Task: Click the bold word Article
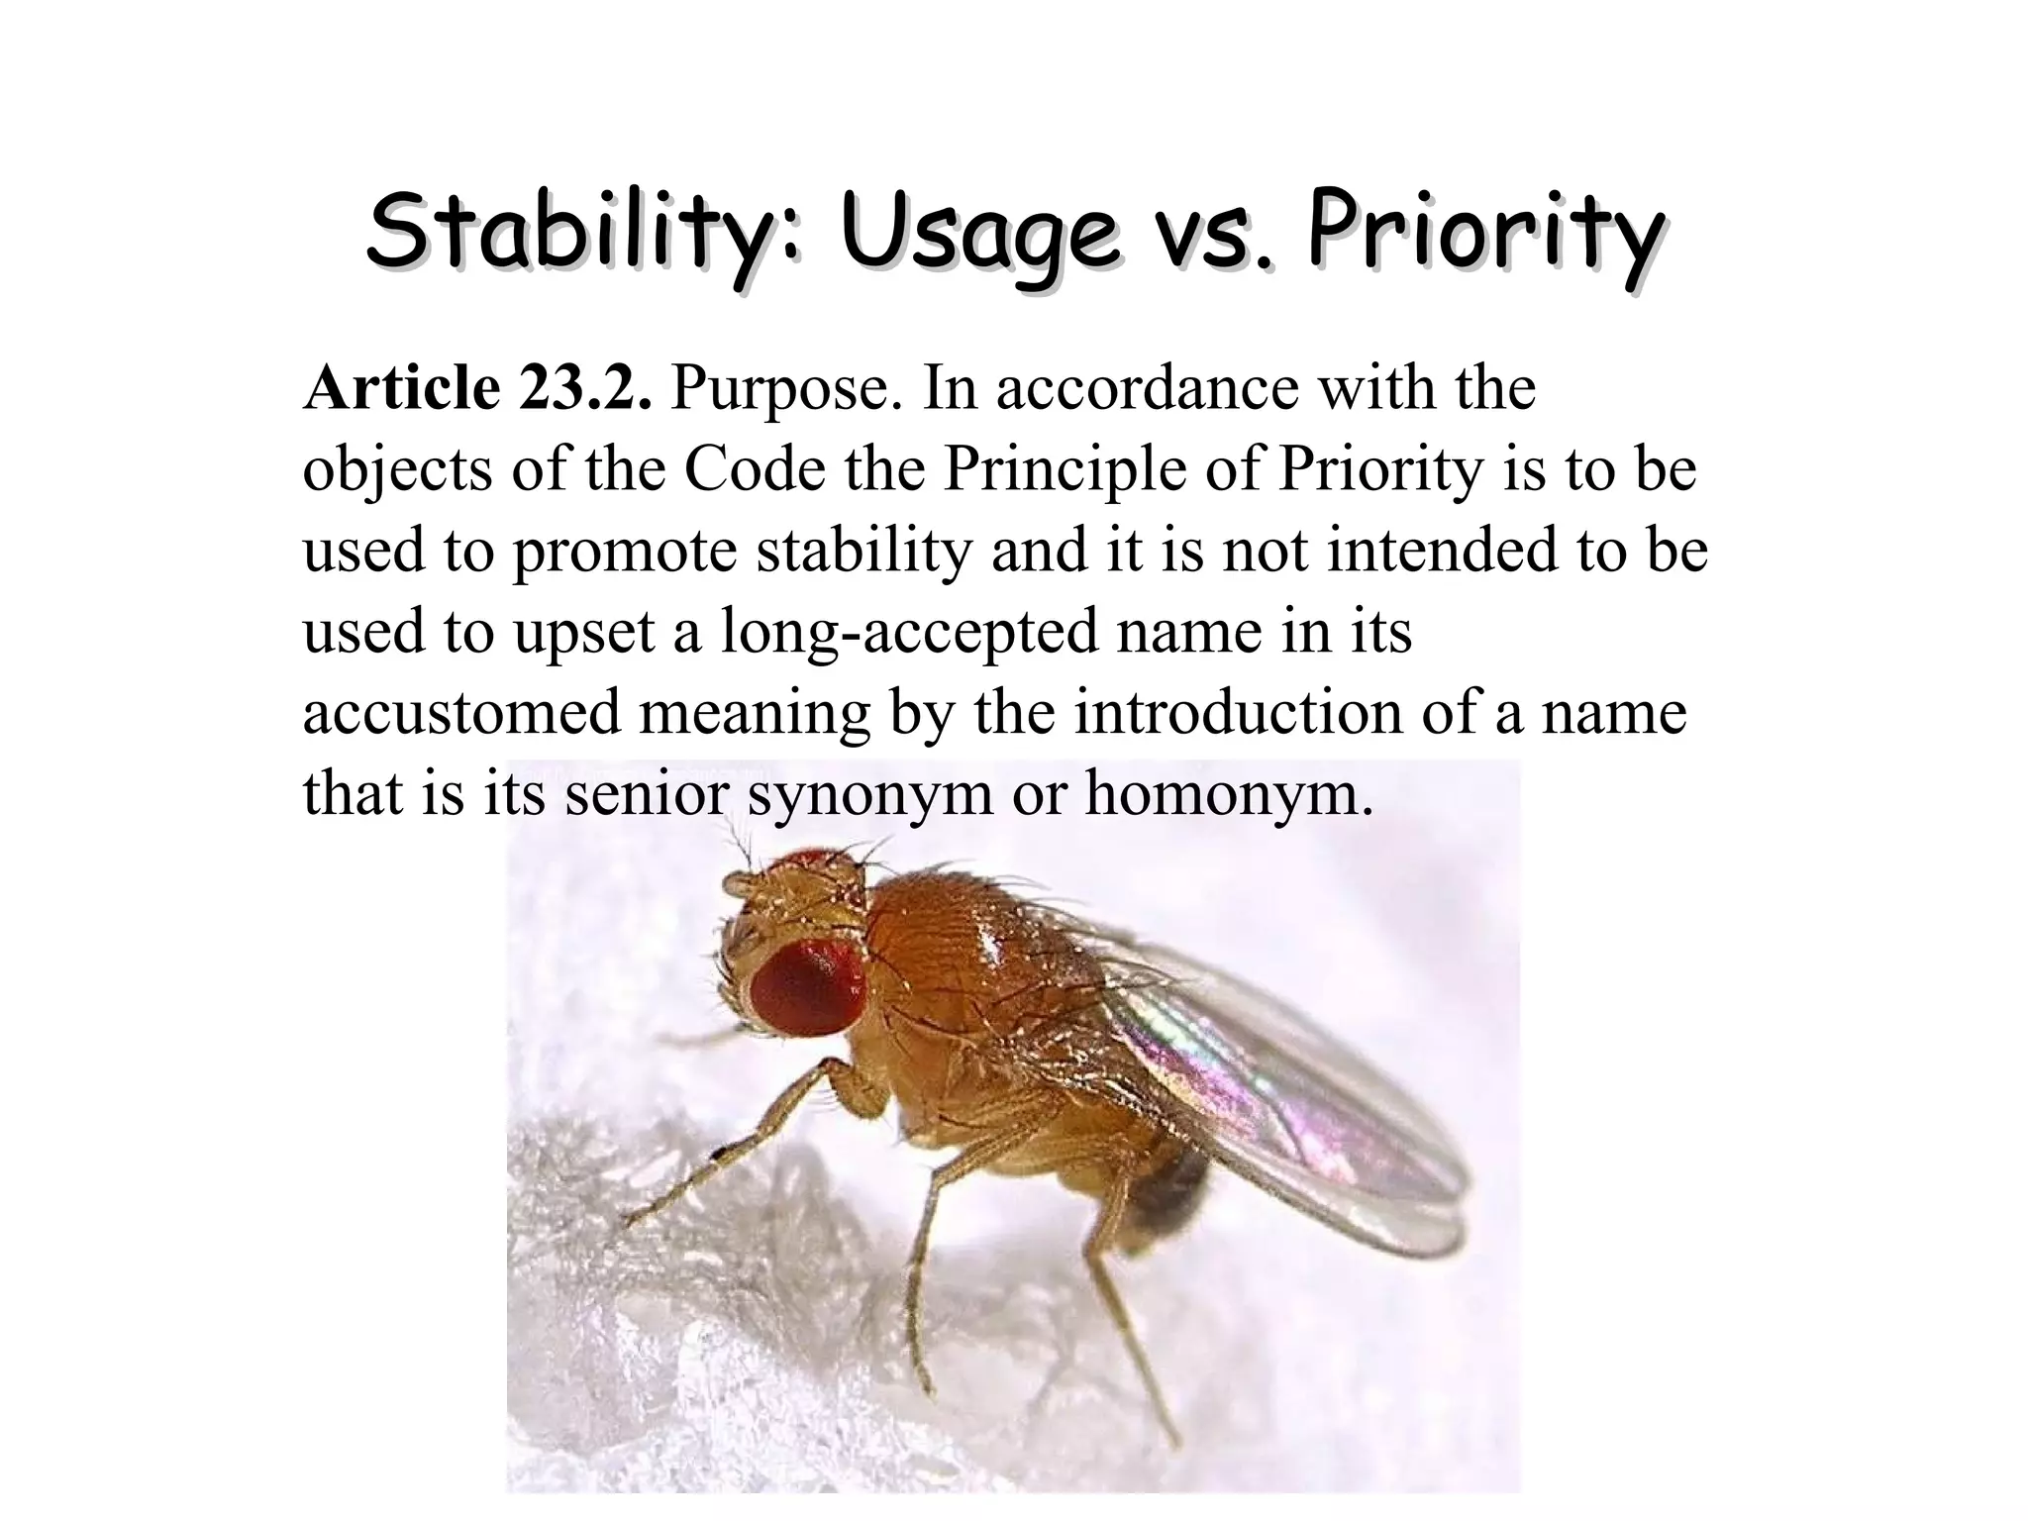pyautogui.click(x=401, y=387)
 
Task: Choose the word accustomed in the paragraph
pyautogui.click(x=461, y=712)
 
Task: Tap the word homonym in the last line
pyautogui.click(x=1229, y=795)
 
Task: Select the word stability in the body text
pyautogui.click(x=864, y=552)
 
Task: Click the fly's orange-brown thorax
pyautogui.click(x=951, y=951)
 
